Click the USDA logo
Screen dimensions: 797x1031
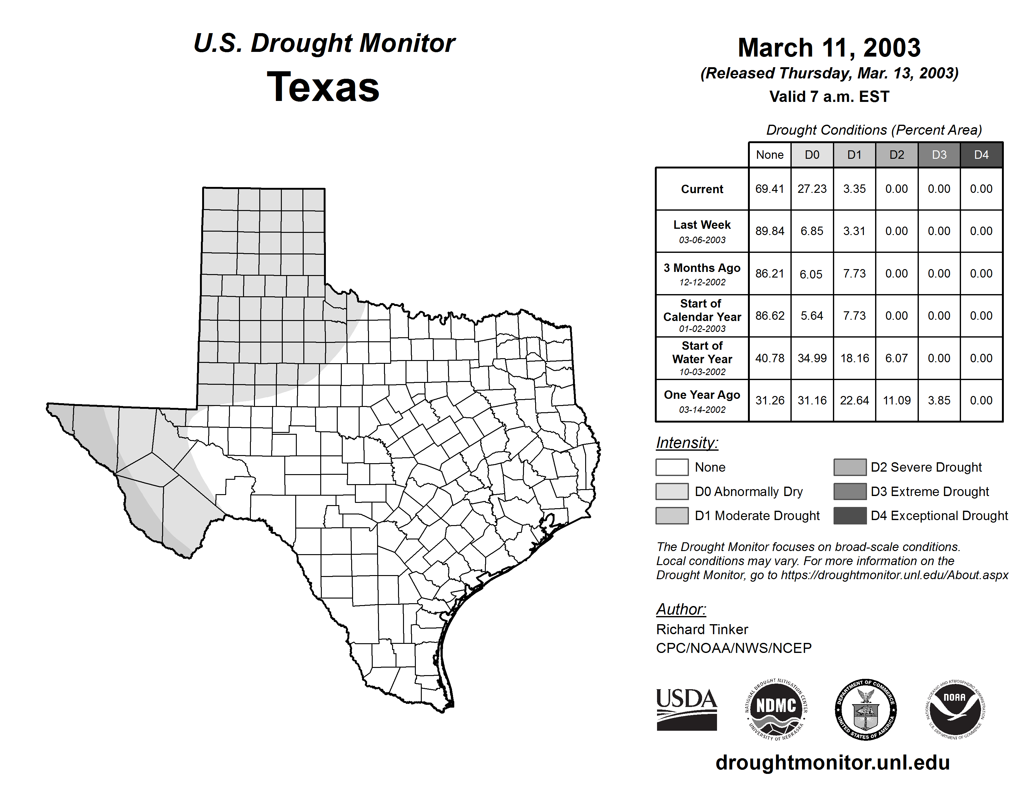click(x=686, y=709)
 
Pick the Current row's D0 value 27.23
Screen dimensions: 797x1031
click(x=812, y=189)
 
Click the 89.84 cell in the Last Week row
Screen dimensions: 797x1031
click(x=770, y=231)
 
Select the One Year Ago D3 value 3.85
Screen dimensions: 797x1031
click(x=939, y=400)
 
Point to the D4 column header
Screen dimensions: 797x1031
click(x=981, y=155)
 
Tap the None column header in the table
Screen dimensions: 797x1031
click(x=770, y=155)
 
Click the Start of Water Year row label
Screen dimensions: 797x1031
click(x=702, y=358)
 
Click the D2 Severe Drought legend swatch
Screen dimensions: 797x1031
click(x=850, y=467)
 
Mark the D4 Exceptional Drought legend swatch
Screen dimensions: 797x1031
click(x=850, y=516)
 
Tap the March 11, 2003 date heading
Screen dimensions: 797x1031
click(x=829, y=48)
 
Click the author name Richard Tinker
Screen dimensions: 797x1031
click(x=702, y=629)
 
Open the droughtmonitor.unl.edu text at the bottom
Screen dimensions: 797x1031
click(x=833, y=763)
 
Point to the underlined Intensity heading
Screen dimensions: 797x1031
click(x=687, y=443)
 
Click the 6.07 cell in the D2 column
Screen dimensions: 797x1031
click(x=896, y=358)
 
